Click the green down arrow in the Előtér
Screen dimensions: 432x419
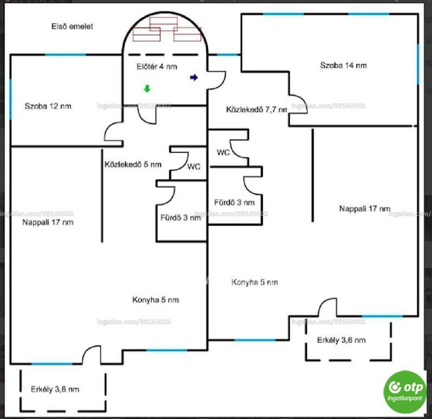coord(147,89)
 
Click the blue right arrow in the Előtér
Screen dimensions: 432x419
coord(194,78)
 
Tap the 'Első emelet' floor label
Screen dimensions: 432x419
coord(72,26)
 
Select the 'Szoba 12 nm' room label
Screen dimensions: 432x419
coord(48,106)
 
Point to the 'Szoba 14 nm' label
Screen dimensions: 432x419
coord(343,65)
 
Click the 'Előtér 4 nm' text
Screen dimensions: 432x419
coord(157,66)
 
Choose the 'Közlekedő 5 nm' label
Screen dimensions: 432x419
coord(133,165)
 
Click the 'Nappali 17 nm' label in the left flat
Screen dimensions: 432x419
coord(48,222)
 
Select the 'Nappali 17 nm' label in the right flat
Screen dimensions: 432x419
coord(365,208)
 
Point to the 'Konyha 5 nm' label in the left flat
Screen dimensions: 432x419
coord(156,300)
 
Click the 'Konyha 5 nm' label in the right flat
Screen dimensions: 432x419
coord(254,282)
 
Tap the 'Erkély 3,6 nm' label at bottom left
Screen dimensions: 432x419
coord(55,389)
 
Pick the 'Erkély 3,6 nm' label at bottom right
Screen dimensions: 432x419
coord(341,340)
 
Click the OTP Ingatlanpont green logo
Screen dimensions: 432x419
coord(404,392)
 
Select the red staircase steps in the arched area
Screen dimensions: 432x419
coord(167,29)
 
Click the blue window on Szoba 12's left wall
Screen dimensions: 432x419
coord(11,99)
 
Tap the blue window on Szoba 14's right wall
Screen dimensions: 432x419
coord(418,64)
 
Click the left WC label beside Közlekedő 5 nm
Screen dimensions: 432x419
coord(194,167)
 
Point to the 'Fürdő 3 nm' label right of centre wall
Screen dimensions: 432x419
coord(234,202)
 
